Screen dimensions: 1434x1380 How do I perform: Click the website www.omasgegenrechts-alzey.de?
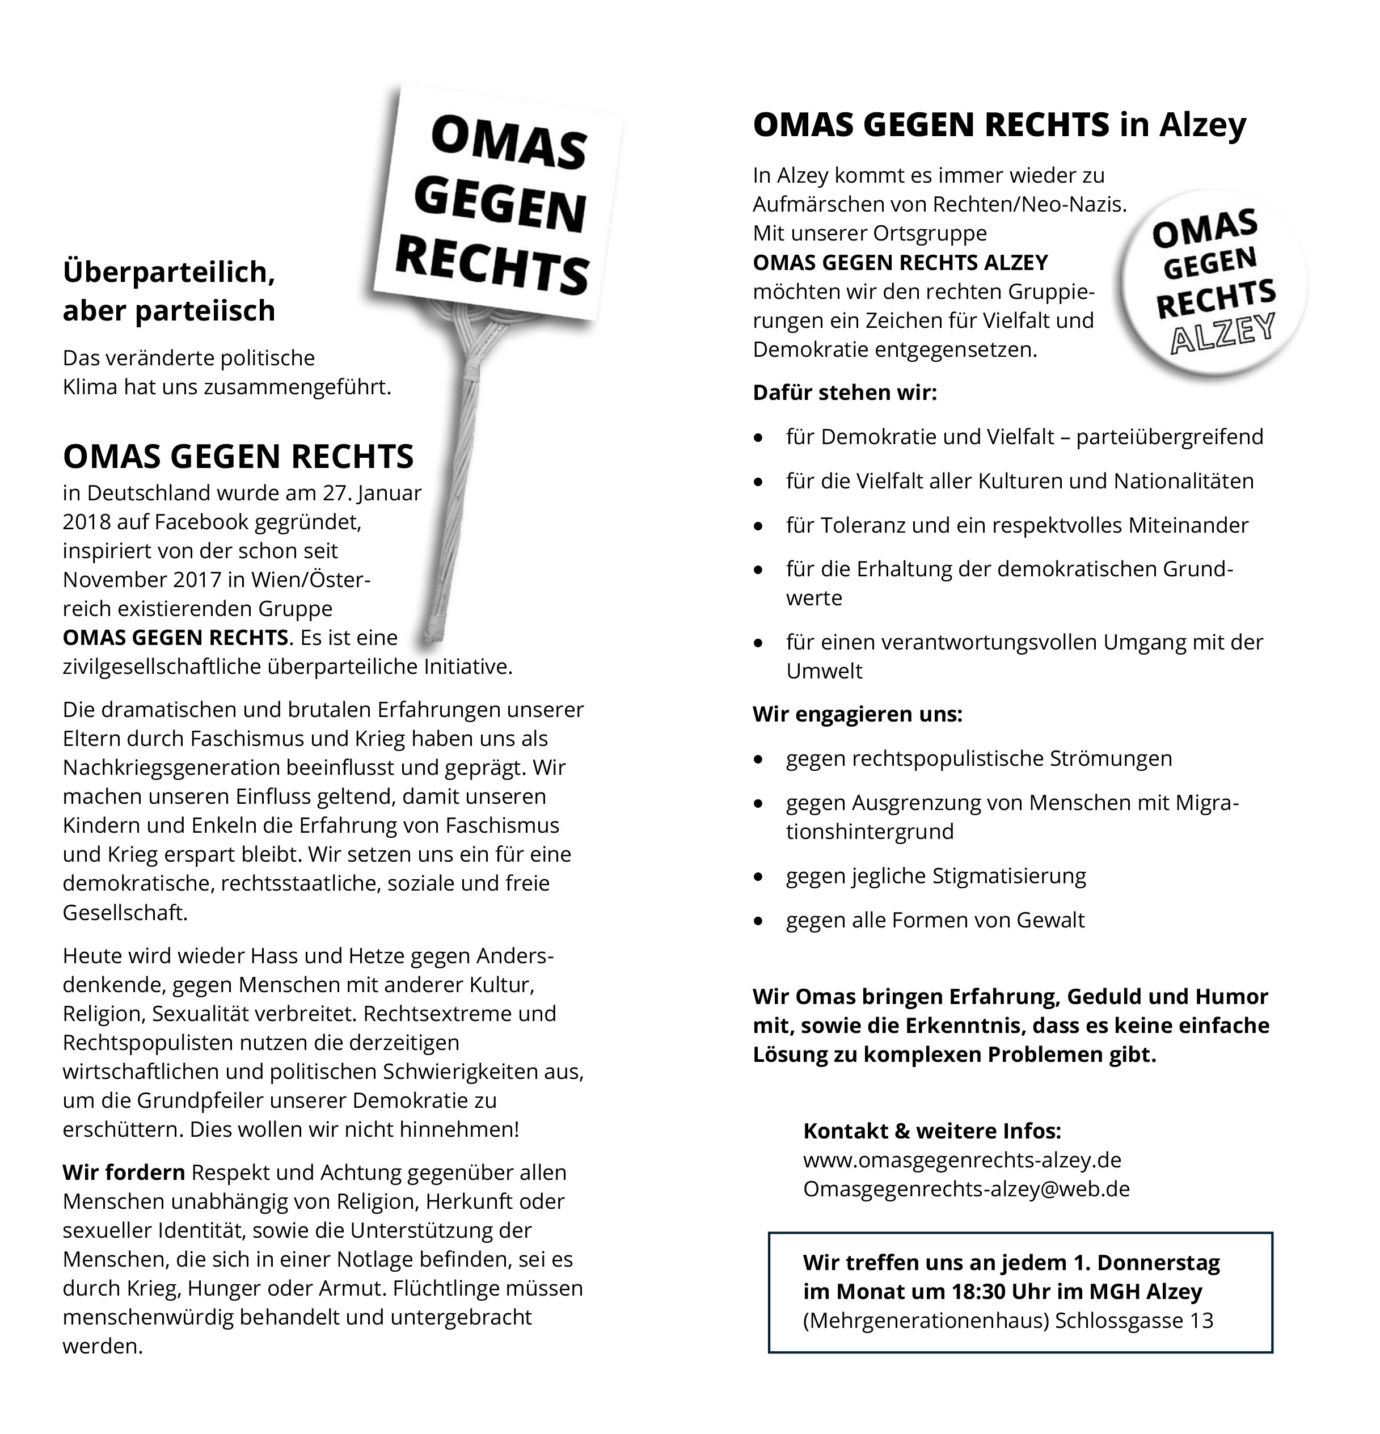click(961, 1159)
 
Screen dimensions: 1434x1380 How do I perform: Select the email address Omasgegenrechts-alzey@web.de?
click(966, 1189)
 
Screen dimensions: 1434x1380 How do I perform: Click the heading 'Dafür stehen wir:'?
click(845, 393)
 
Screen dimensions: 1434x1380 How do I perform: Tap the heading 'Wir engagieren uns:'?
click(857, 714)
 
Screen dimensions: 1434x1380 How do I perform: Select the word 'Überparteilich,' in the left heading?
click(169, 272)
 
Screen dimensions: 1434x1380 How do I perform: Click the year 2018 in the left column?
click(86, 522)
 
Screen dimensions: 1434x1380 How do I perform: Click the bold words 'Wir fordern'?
click(124, 1173)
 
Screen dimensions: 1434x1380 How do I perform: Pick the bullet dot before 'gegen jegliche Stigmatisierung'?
click(759, 876)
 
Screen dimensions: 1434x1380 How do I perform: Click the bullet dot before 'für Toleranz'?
click(759, 526)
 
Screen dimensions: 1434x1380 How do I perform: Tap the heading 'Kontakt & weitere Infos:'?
click(931, 1131)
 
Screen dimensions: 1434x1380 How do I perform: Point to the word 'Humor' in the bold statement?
click(1231, 997)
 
